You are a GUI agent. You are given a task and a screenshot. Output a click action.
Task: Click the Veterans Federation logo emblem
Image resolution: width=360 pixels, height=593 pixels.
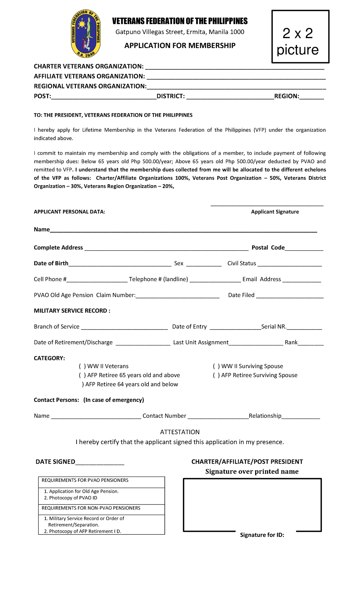pyautogui.click(x=86, y=34)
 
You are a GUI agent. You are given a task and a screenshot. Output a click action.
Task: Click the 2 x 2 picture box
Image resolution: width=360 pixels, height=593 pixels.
pyautogui.click(x=300, y=37)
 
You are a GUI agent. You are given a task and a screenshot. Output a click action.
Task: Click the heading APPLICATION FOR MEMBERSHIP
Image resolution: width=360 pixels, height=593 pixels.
pyautogui.click(x=180, y=46)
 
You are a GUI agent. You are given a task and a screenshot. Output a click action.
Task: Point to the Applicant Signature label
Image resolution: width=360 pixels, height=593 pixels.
pyautogui.click(x=275, y=212)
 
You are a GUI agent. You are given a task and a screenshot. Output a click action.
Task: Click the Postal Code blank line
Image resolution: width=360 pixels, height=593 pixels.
pyautogui.click(x=304, y=248)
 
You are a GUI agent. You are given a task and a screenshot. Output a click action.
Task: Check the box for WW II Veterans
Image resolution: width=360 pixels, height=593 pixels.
pyautogui.click(x=82, y=366)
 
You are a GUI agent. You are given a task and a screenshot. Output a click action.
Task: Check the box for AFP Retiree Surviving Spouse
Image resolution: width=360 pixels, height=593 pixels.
pyautogui.click(x=216, y=375)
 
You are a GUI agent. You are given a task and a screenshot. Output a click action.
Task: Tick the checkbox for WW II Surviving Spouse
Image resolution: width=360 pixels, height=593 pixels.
pyautogui.click(x=216, y=366)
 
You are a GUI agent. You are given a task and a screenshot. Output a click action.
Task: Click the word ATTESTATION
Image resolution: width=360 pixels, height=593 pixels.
pyautogui.click(x=180, y=432)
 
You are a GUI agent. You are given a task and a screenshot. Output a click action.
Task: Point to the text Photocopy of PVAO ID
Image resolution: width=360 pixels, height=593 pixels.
pyautogui.click(x=73, y=498)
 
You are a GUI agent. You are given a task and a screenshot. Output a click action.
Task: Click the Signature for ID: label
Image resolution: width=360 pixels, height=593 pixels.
pyautogui.click(x=262, y=535)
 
